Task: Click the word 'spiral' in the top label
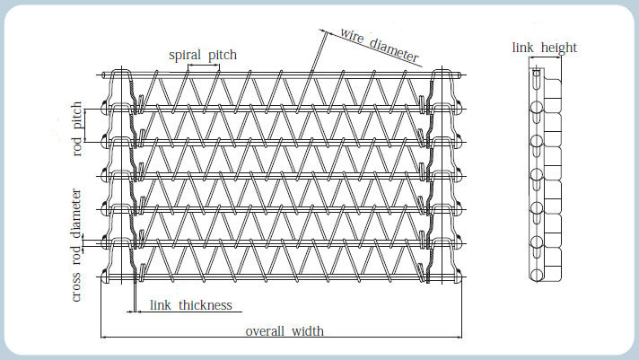coord(185,55)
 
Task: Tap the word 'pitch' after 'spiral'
coord(223,55)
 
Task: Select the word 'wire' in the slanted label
coord(352,36)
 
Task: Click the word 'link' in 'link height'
coord(522,48)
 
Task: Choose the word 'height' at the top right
coord(559,48)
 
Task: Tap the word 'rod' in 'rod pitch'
coord(77,147)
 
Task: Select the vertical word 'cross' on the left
coord(76,287)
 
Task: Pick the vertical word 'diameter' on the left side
coord(76,214)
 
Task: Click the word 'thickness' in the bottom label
coord(206,305)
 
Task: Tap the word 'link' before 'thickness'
coord(161,305)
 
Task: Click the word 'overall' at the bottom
coord(265,331)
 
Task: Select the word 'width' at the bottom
coord(308,331)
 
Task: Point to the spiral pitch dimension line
coord(204,65)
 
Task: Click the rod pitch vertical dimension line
coord(84,126)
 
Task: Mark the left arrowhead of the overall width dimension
coord(103,338)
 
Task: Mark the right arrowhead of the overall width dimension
coord(459,338)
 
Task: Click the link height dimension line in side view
coord(545,57)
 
